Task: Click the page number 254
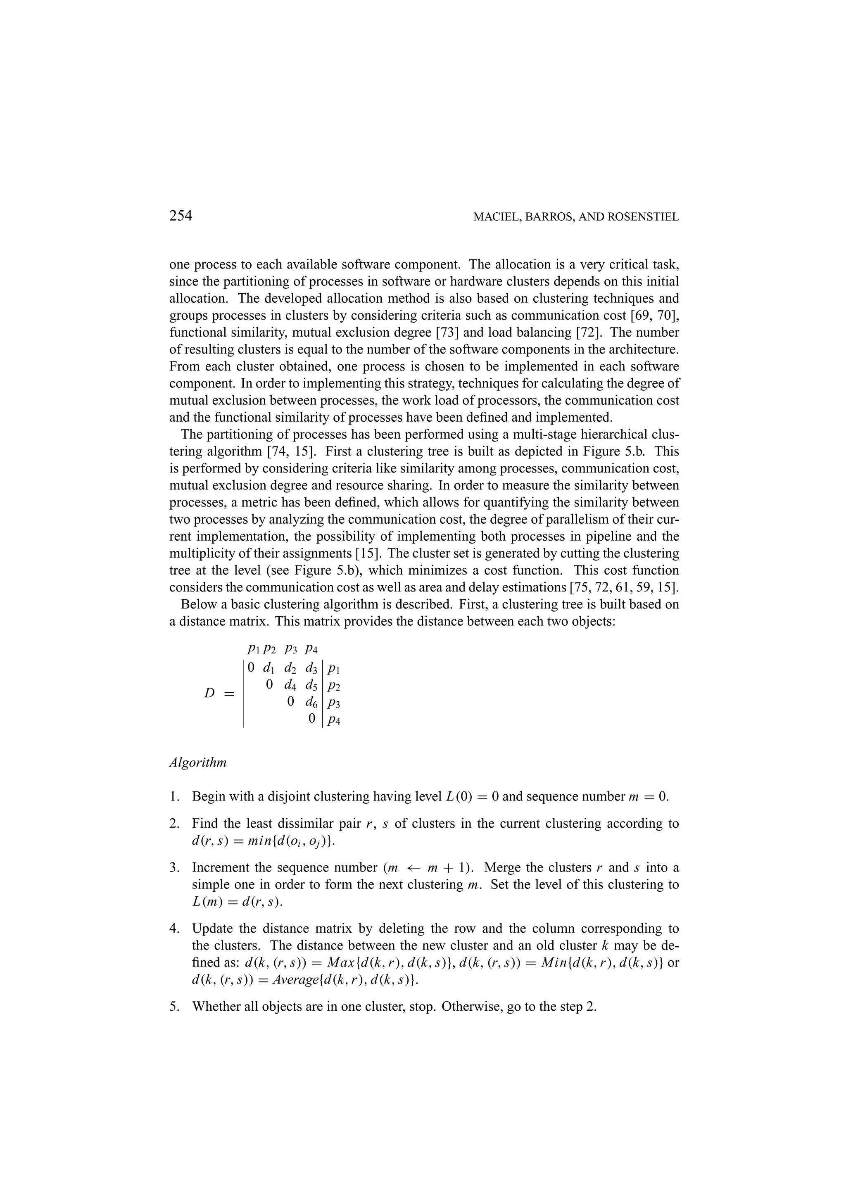[181, 216]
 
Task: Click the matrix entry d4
[290, 685]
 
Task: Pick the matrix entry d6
[311, 703]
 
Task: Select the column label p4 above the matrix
[311, 649]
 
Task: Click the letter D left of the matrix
[209, 693]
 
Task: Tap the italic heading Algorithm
[198, 762]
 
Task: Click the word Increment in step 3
[219, 867]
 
